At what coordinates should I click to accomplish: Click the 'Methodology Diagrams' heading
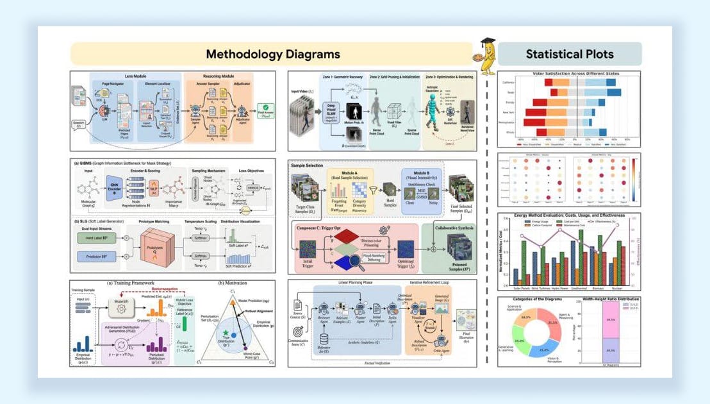click(x=273, y=54)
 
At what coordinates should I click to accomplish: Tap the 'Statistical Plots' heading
click(x=570, y=54)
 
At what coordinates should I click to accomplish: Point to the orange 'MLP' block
click(x=155, y=191)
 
